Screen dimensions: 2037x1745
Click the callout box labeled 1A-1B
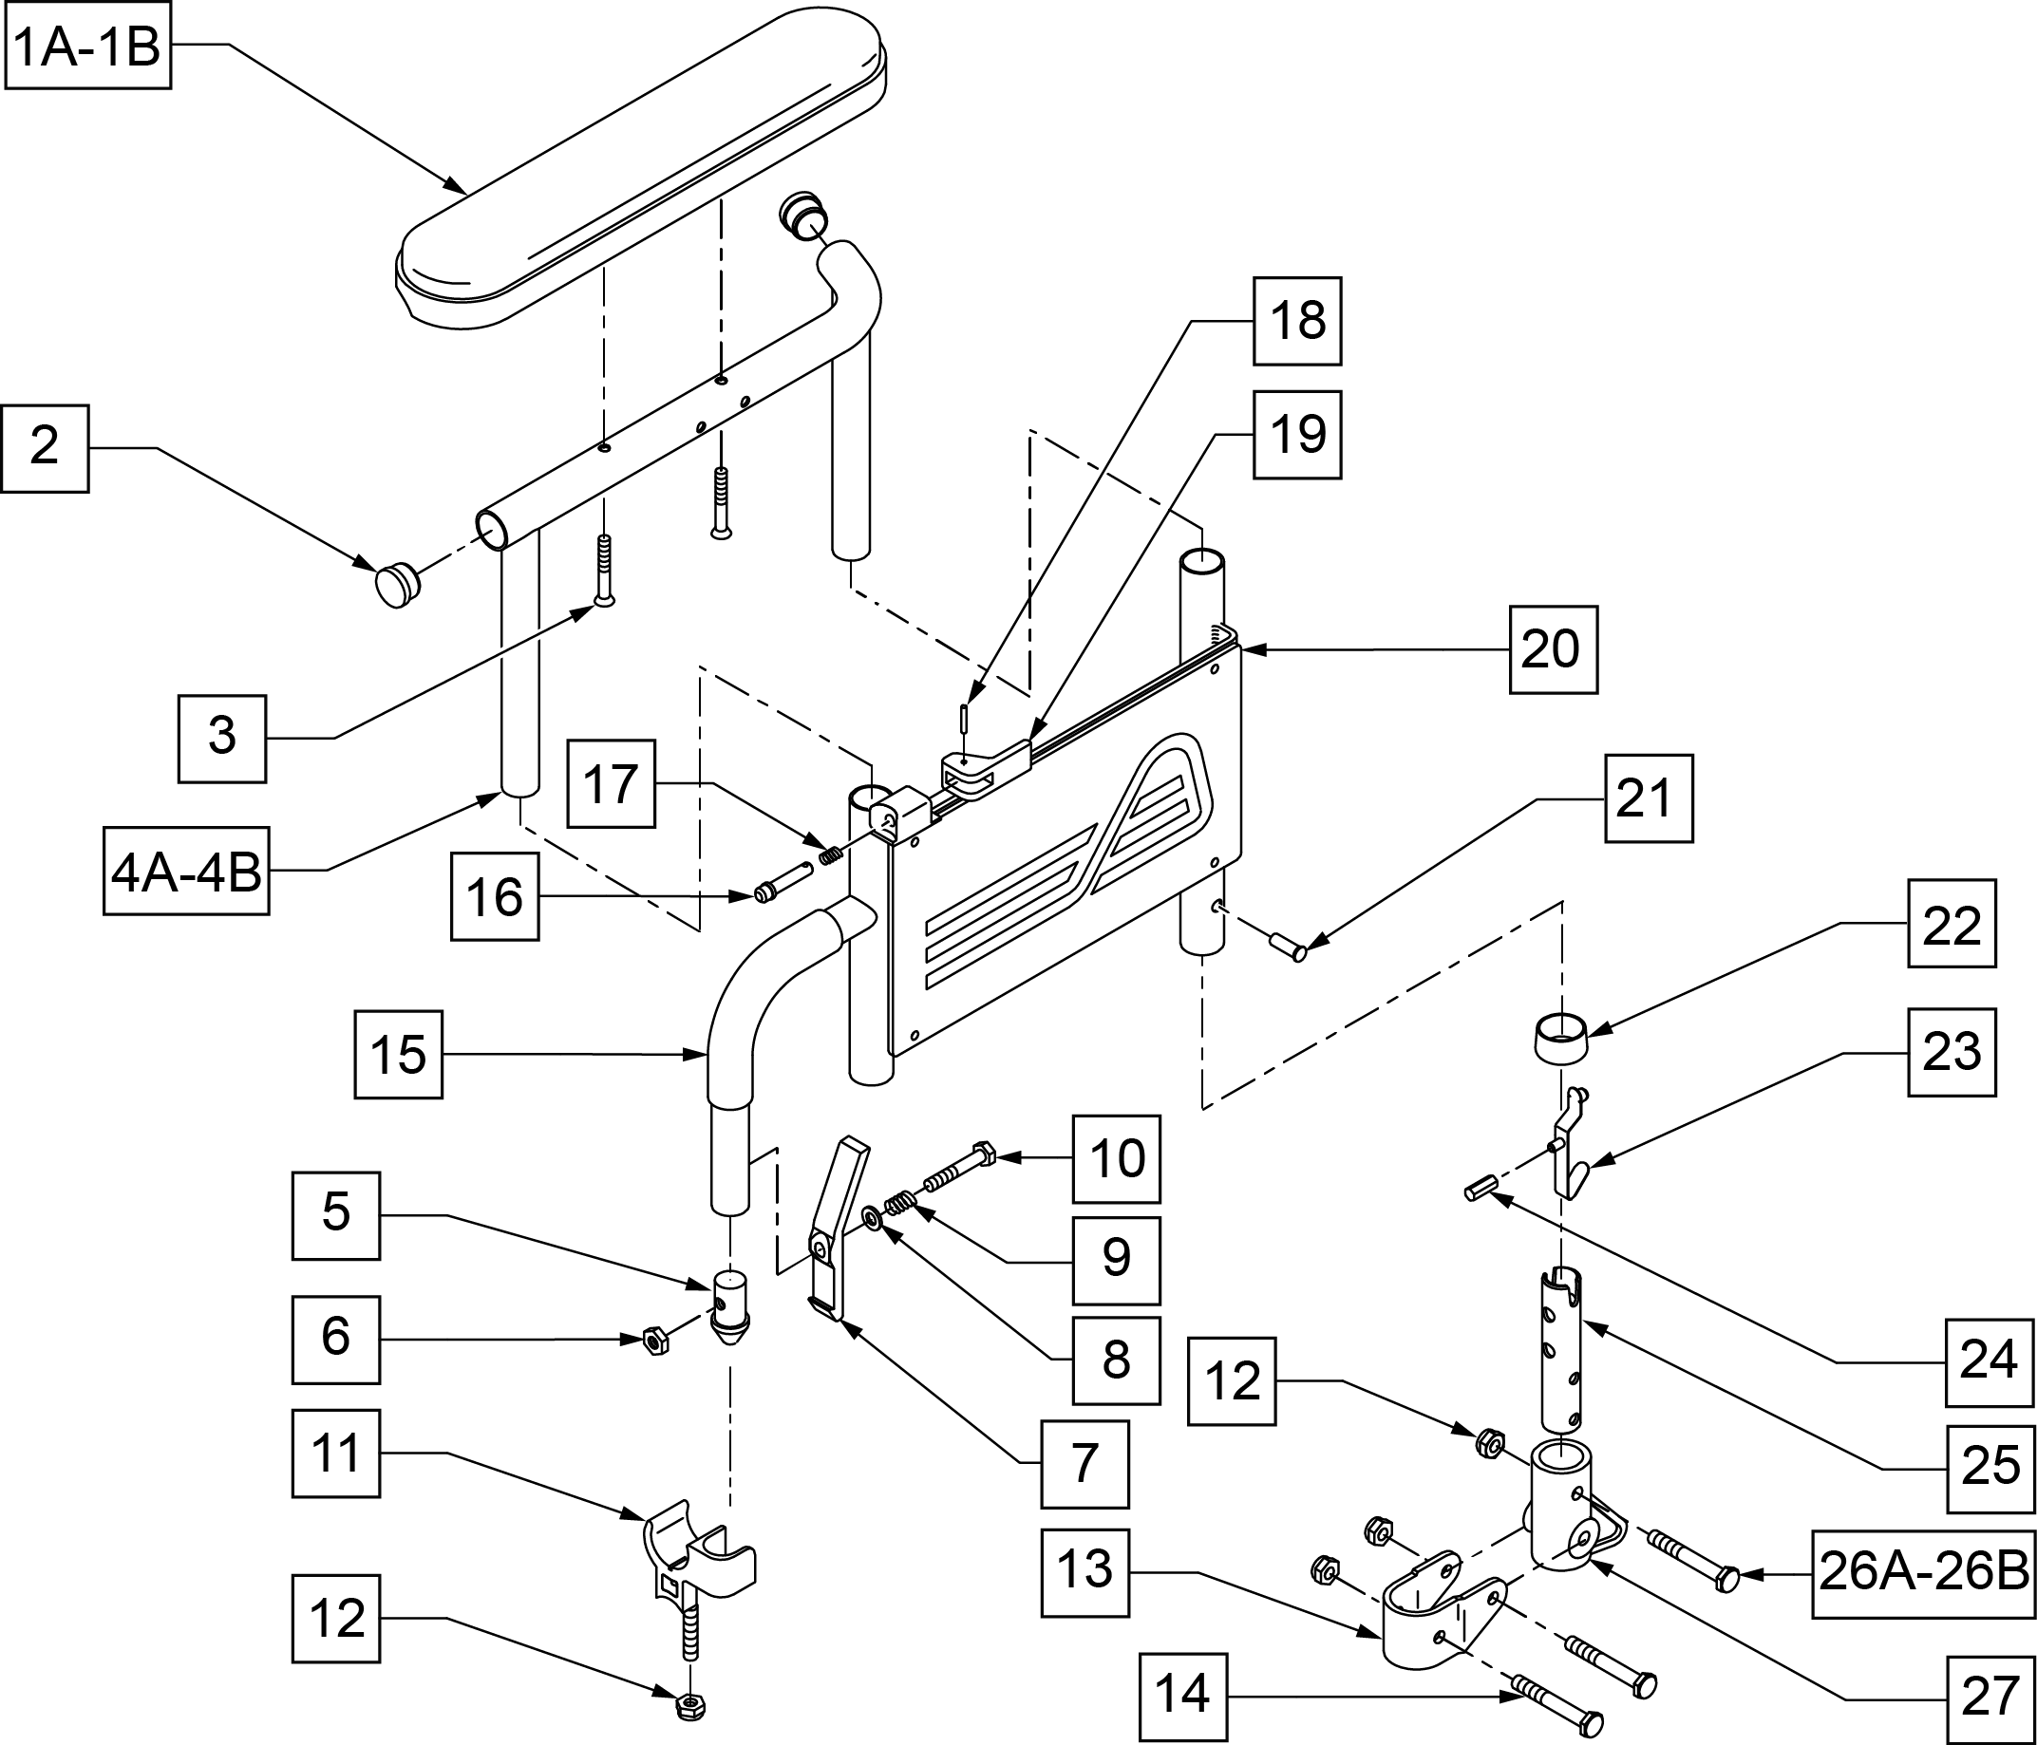(88, 47)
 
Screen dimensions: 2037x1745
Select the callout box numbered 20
(1553, 649)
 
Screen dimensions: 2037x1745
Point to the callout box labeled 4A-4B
(187, 871)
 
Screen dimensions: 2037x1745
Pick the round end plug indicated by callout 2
(396, 584)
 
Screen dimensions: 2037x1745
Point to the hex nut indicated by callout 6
(655, 1340)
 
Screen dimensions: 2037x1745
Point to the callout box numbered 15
(398, 1055)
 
